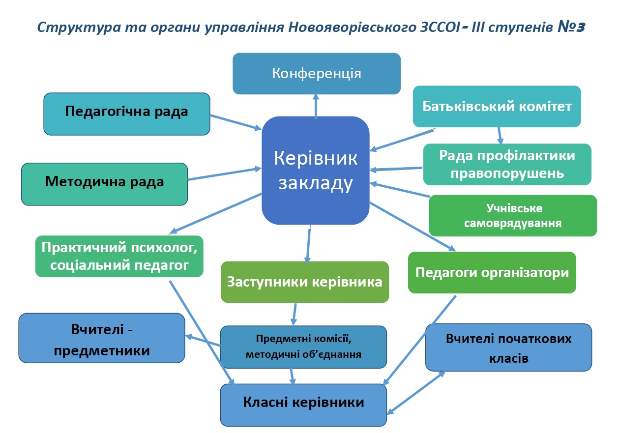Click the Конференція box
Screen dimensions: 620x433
(316, 74)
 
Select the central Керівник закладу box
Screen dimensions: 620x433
(316, 171)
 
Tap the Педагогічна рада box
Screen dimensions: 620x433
(127, 114)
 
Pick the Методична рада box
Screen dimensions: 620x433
(104, 184)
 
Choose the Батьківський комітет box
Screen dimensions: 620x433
(497, 107)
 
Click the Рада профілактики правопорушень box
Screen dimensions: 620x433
(507, 164)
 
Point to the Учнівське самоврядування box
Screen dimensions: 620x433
(513, 216)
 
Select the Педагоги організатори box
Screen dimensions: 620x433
(492, 272)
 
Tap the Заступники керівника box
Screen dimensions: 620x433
(305, 282)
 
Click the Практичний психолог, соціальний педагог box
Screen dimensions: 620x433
(119, 257)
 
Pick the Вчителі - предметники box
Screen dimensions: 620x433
(102, 338)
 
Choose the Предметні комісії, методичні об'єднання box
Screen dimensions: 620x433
(303, 347)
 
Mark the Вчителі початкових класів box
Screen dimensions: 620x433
(508, 347)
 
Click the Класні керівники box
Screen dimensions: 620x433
(303, 405)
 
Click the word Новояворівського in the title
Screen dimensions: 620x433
(352, 28)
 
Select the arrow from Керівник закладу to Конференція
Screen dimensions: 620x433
(316, 106)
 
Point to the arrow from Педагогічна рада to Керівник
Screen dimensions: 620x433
(236, 122)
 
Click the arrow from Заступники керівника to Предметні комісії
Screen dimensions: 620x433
(294, 314)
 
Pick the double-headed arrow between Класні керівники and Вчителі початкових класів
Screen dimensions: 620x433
(416, 392)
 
